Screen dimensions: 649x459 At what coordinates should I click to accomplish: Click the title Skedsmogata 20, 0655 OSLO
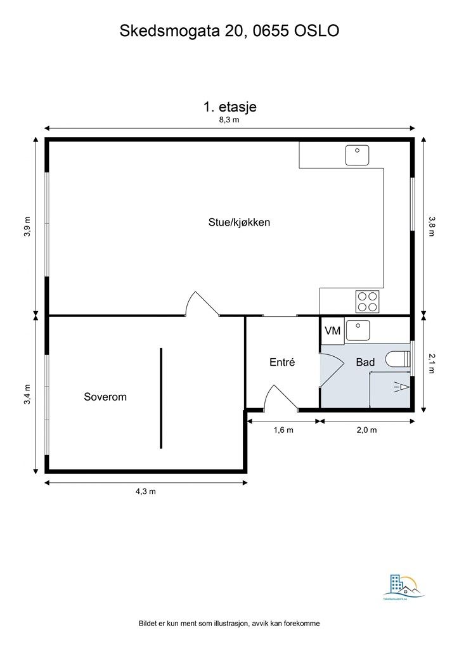click(229, 31)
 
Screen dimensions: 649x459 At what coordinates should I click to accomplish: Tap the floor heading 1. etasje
click(229, 106)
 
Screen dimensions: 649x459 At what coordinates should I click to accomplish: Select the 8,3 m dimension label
click(229, 120)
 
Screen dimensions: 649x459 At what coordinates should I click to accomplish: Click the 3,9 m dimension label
click(27, 226)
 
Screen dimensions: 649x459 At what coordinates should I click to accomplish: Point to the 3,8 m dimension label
click(432, 226)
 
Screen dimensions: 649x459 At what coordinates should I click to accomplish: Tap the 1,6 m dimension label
click(283, 430)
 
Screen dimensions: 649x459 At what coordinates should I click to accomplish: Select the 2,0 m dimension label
click(366, 430)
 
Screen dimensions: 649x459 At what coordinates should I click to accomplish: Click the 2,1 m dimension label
click(432, 363)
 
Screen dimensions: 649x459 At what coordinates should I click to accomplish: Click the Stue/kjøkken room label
click(240, 222)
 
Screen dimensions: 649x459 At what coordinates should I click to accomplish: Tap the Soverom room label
click(105, 397)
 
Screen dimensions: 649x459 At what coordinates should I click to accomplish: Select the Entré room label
click(283, 363)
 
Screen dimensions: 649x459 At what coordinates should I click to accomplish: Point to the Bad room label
click(365, 363)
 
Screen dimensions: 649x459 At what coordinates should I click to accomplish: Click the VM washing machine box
click(332, 331)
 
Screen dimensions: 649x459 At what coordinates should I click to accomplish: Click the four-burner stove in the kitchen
click(367, 301)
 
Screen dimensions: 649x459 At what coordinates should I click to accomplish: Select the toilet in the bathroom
click(398, 359)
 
